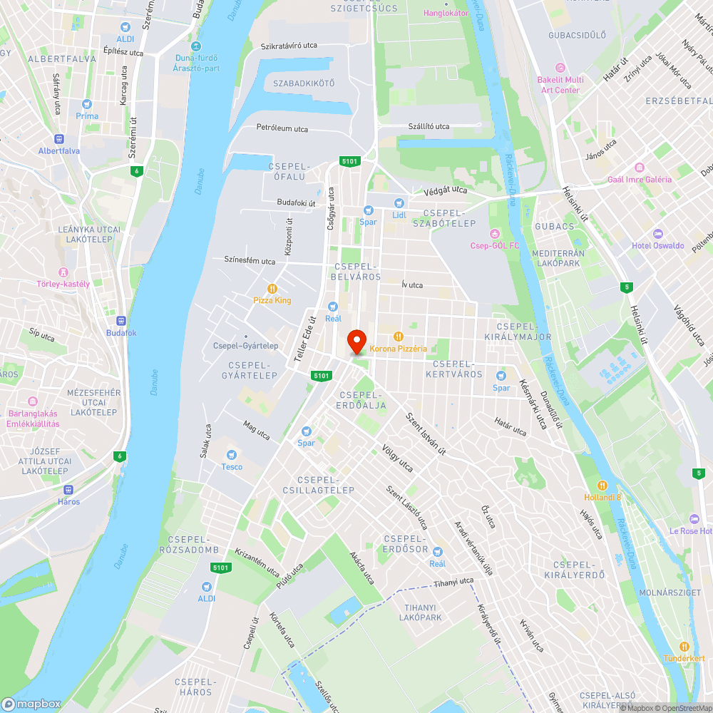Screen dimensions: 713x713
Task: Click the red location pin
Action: coord(356,342)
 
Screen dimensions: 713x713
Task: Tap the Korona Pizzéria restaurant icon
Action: coord(399,336)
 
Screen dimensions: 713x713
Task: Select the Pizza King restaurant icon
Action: coord(272,288)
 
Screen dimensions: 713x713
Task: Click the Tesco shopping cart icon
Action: coord(231,455)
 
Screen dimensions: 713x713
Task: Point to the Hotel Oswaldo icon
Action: coord(657,234)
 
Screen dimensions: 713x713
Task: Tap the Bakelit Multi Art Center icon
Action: coord(560,68)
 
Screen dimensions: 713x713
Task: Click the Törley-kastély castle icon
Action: coord(63,272)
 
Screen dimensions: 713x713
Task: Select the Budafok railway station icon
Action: coord(121,321)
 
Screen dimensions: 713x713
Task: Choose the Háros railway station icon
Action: coord(69,489)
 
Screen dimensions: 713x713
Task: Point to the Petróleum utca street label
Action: coord(282,128)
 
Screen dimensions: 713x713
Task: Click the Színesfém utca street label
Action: coord(250,261)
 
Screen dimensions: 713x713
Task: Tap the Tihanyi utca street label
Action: coord(453,582)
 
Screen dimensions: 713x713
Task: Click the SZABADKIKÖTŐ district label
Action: coord(304,83)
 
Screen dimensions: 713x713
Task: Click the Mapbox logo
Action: coord(31,703)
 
